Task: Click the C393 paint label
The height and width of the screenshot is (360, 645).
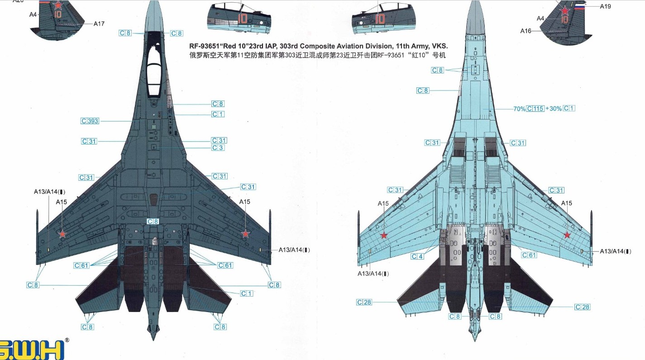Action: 90,121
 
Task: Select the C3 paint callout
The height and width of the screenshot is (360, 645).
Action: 218,148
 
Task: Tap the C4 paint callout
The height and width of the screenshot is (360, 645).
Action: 417,257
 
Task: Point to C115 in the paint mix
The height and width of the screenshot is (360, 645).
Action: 535,109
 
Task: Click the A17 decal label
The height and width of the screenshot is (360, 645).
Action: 99,24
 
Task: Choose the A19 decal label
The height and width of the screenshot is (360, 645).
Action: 605,6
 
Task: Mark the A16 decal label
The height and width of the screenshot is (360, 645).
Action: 526,31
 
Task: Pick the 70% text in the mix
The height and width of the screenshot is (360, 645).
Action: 519,109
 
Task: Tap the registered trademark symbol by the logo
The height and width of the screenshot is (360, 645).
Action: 67,340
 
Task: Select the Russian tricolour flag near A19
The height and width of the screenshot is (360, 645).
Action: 580,6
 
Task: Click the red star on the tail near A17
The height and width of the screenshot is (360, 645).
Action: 57,5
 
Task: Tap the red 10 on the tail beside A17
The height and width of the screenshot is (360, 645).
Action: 57,14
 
